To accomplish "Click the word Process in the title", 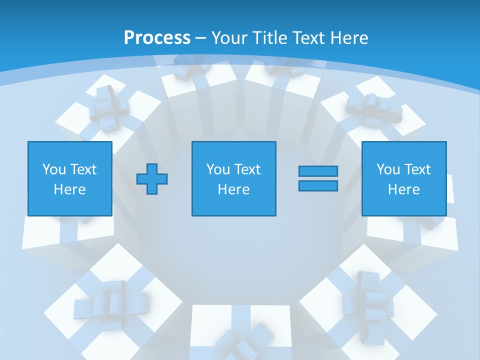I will pyautogui.click(x=157, y=37).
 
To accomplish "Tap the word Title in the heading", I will pyautogui.click(x=270, y=37).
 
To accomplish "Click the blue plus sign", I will pyautogui.click(x=152, y=179).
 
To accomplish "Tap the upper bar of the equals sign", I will pyautogui.click(x=318, y=171).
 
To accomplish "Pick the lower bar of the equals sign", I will pyautogui.click(x=318, y=185).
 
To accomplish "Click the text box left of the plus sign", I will pyautogui.click(x=70, y=178).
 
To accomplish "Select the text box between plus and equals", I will pyautogui.click(x=233, y=178).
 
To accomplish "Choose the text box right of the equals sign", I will pyautogui.click(x=403, y=178).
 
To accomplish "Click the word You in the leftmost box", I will pyautogui.click(x=54, y=169).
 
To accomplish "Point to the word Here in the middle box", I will pyautogui.click(x=233, y=189).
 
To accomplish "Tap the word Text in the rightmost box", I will pyautogui.click(x=417, y=169).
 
